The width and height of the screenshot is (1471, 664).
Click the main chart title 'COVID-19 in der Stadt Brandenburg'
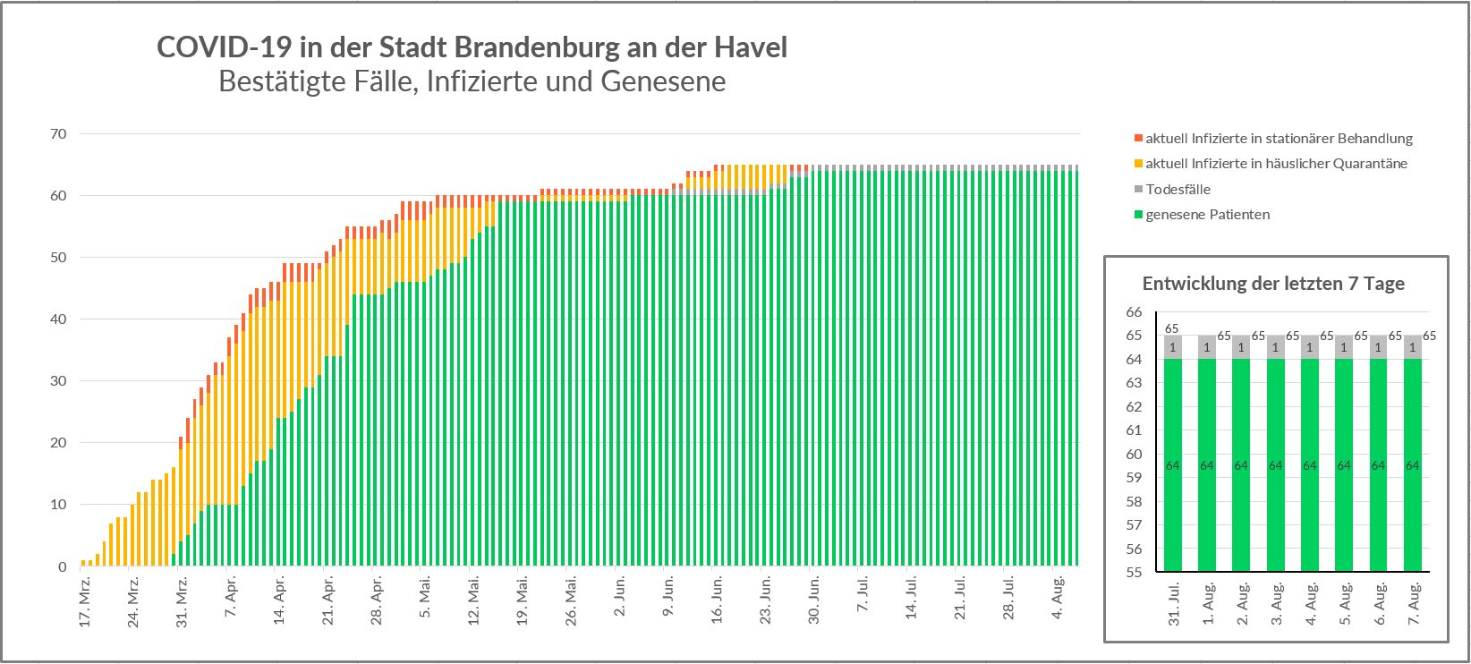[x=472, y=47]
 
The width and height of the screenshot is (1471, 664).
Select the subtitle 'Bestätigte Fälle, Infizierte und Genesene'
[x=472, y=82]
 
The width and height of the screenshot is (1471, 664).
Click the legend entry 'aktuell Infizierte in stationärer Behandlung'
[x=1279, y=139]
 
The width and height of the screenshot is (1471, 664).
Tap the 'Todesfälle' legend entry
[x=1178, y=190]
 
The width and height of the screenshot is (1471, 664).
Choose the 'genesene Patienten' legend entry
[x=1207, y=215]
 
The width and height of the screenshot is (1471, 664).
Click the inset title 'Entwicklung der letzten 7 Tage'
[x=1273, y=284]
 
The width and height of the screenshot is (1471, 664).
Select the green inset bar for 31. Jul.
[x=1172, y=465]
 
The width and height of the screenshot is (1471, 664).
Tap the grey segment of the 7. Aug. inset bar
[x=1413, y=347]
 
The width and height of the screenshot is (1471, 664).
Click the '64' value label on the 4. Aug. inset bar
[x=1310, y=465]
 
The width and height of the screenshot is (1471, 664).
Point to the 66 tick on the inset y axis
[x=1134, y=312]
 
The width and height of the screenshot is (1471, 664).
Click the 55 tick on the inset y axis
[x=1134, y=572]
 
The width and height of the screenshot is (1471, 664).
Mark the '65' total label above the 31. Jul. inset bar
[x=1171, y=328]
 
